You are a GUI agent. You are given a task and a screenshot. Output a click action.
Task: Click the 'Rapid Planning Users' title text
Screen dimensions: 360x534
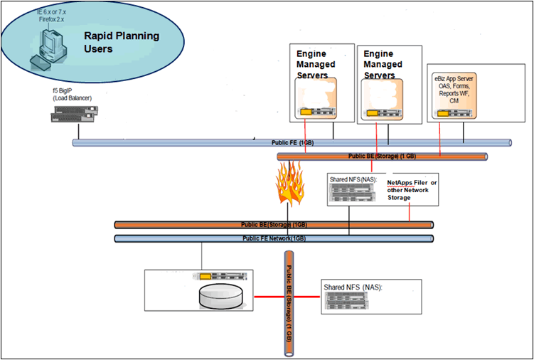point(122,42)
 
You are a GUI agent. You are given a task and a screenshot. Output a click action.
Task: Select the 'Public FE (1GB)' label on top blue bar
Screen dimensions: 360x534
point(292,143)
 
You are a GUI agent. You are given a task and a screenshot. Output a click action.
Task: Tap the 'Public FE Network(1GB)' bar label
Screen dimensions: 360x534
point(274,238)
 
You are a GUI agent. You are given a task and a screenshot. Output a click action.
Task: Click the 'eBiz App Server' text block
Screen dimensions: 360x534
point(459,89)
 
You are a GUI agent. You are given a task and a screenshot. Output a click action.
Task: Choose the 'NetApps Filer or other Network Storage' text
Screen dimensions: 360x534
point(412,190)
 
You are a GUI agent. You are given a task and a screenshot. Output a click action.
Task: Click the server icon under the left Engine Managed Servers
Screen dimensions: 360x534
point(316,111)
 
